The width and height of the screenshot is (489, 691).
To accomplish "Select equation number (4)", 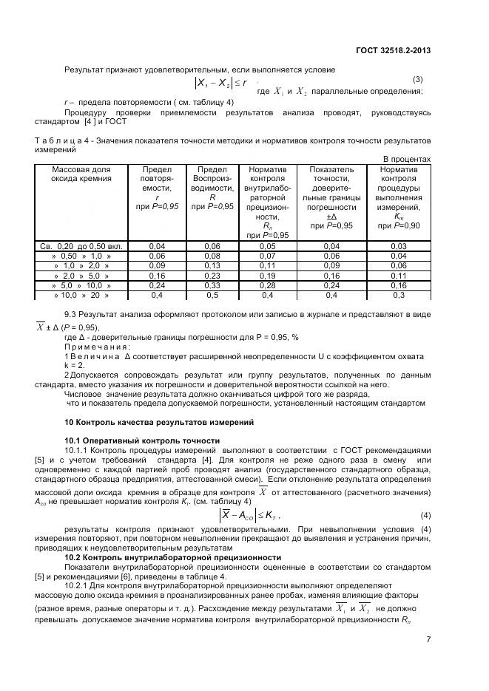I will tap(425, 514).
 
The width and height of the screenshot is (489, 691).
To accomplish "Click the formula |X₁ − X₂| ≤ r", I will tap(221, 84).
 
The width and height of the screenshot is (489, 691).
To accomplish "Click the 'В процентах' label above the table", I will tap(406, 159).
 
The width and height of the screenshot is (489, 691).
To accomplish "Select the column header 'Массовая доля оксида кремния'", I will tap(82, 174).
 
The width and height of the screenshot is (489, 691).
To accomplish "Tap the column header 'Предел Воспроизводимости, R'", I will tap(212, 188).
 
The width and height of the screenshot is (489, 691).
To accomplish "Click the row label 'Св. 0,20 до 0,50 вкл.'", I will tap(82, 245).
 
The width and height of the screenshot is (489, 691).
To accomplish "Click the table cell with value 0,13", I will tap(212, 265).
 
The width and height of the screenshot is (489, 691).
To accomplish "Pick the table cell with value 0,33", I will tap(212, 285).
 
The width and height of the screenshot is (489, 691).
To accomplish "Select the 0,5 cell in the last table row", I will tap(212, 295).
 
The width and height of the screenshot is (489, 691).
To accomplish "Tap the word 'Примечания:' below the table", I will tap(98, 347).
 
